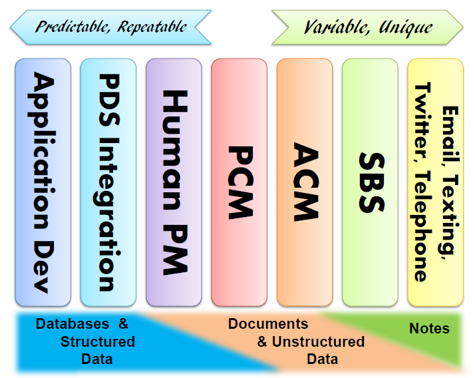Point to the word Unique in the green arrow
coord(406,27)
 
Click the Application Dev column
coord(43,182)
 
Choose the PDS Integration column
coord(108,182)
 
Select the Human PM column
coord(173,182)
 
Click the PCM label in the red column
coord(239,182)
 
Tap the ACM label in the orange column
coord(304,182)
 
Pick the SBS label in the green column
coord(370,182)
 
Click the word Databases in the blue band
coord(73,324)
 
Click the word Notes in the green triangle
coord(429,329)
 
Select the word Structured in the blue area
coord(98,342)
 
